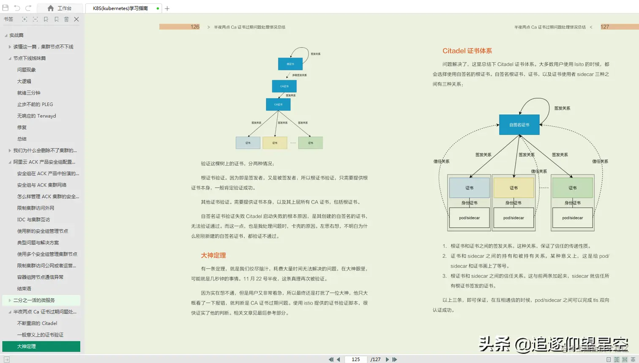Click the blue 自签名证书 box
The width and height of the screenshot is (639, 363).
(519, 125)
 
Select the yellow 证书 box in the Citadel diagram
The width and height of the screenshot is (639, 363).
(513, 188)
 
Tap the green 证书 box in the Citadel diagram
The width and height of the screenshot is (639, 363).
(572, 188)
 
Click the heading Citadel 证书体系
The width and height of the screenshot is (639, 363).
(467, 51)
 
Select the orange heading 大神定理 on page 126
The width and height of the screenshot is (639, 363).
(213, 255)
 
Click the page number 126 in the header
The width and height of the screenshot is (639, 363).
(195, 27)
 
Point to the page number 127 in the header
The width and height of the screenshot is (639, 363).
(605, 27)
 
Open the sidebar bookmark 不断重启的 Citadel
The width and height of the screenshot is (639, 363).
(37, 323)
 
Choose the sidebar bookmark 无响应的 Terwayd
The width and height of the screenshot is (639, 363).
(36, 116)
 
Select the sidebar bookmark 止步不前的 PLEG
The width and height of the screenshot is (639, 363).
(35, 104)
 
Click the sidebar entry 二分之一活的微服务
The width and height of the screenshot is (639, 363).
(34, 300)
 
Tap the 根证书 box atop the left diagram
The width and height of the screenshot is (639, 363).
(290, 64)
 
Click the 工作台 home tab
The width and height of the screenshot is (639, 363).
(60, 8)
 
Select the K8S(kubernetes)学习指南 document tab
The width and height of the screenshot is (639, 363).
(120, 8)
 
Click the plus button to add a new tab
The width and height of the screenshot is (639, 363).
(167, 8)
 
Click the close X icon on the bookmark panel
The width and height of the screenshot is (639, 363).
(76, 19)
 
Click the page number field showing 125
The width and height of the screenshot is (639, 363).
(356, 359)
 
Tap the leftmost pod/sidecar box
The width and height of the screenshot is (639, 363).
(469, 218)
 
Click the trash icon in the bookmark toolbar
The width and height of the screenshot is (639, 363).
(66, 19)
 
